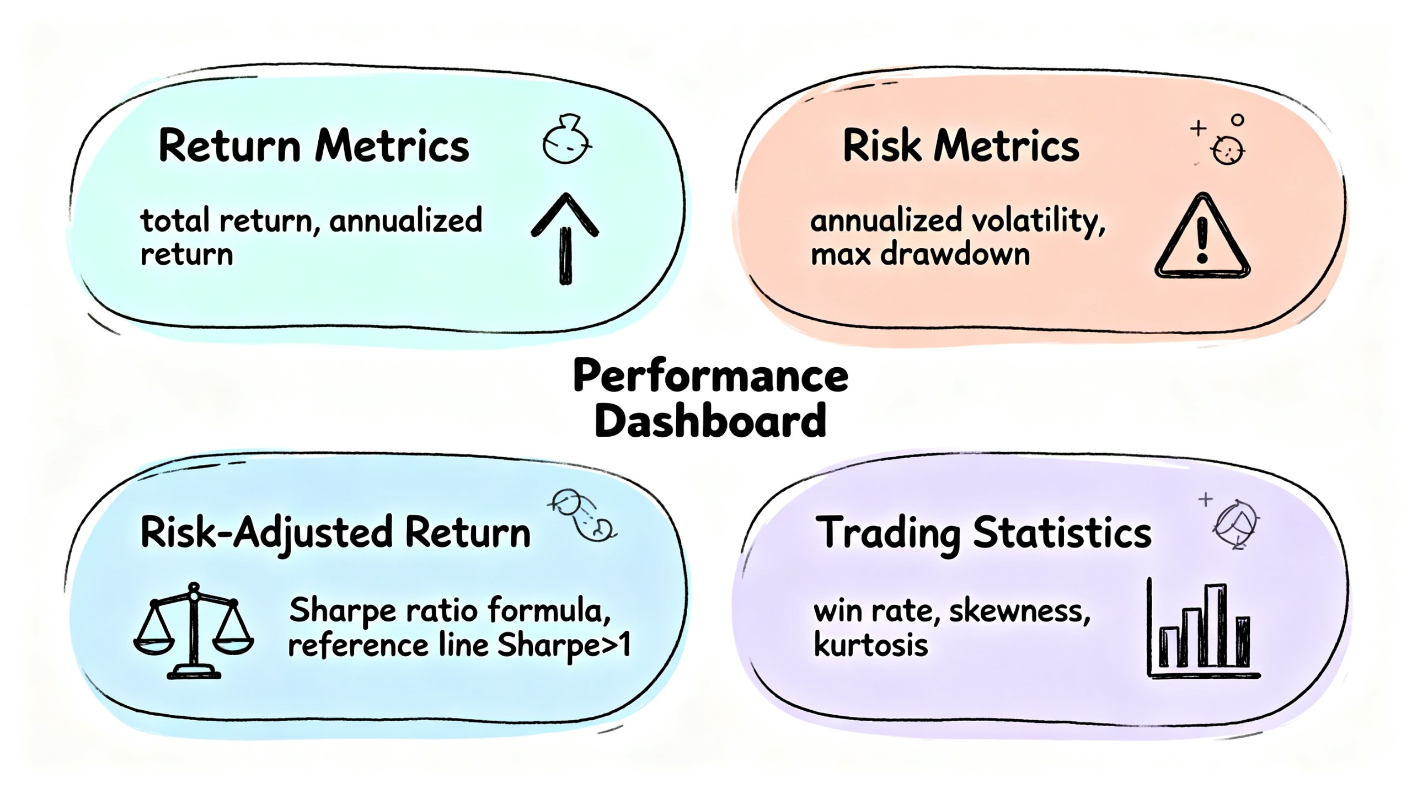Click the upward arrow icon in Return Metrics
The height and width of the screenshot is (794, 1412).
pos(565,238)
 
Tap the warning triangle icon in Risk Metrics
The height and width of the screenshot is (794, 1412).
pos(1202,236)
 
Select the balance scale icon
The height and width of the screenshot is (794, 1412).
pos(194,630)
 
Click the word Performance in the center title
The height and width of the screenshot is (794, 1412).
pos(710,375)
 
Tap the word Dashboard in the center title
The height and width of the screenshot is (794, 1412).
pos(710,421)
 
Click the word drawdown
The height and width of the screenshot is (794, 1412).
pos(955,254)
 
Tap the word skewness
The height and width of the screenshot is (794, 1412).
pos(1020,611)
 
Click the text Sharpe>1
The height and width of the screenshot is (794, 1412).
pos(564,645)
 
